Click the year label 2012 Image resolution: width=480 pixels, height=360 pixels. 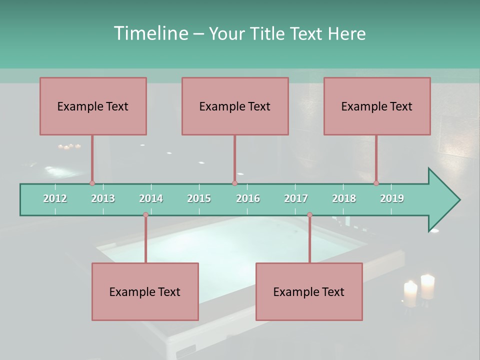(55, 198)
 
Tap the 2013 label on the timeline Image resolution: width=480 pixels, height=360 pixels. (103, 198)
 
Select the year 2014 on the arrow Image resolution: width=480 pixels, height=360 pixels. (151, 198)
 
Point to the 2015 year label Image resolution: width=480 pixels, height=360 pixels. (199, 198)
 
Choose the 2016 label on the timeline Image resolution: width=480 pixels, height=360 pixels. (248, 198)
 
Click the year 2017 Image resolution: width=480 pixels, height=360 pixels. (296, 198)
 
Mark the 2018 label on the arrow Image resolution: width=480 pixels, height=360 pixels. (344, 198)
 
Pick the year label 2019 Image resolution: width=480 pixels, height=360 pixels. (392, 198)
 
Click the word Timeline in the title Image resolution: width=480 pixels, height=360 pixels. (150, 33)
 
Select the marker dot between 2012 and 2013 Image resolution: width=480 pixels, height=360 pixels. (92, 183)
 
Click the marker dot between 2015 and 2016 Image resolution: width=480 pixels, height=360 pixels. (234, 183)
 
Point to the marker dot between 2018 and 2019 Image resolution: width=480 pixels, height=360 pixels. (376, 183)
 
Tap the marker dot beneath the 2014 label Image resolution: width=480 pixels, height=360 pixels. (145, 215)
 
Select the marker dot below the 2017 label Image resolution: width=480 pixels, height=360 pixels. (309, 215)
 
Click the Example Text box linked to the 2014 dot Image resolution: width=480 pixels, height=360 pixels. (145, 291)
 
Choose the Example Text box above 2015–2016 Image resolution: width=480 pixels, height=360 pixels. (235, 106)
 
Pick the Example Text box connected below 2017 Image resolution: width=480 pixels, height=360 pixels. (309, 291)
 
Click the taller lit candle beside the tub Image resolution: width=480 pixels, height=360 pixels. (427, 286)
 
